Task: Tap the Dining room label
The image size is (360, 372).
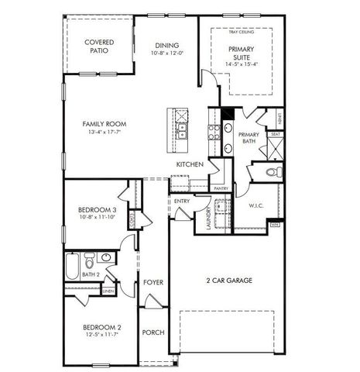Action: (x=168, y=45)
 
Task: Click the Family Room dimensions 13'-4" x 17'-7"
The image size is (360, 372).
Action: (x=106, y=132)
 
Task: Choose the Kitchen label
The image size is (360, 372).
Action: (x=190, y=164)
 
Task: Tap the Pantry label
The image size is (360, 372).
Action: (x=220, y=188)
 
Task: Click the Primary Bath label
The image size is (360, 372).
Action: (x=248, y=138)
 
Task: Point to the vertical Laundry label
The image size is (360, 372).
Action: (x=209, y=218)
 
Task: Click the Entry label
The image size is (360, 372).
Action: (x=182, y=201)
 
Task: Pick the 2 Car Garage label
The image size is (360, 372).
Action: (x=229, y=281)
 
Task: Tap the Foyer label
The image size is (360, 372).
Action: (x=153, y=282)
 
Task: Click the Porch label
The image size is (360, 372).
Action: (x=153, y=332)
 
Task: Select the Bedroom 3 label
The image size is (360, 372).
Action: (x=98, y=210)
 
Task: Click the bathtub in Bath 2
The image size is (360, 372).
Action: (x=71, y=268)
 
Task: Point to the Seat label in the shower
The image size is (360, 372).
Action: (x=275, y=134)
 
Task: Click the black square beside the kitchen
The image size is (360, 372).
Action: (x=226, y=114)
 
